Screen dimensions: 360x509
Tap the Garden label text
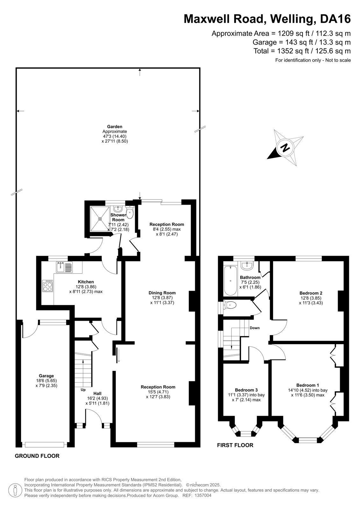coord(115,127)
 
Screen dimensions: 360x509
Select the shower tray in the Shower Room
coord(100,219)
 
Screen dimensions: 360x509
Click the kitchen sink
coord(64,267)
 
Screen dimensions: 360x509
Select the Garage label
coord(46,376)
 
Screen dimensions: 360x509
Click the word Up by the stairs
coord(83,390)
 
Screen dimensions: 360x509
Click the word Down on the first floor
coord(255,328)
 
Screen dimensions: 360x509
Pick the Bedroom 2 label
coord(311,293)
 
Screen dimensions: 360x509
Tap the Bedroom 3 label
coord(246,390)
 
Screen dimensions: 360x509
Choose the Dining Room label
coord(162,293)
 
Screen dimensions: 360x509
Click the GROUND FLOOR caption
coord(37,456)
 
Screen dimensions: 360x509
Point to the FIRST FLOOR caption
coord(235,445)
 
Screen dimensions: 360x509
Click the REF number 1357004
coord(203,495)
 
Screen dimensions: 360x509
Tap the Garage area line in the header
coord(301,42)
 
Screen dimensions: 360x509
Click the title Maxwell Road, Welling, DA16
coord(267,19)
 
